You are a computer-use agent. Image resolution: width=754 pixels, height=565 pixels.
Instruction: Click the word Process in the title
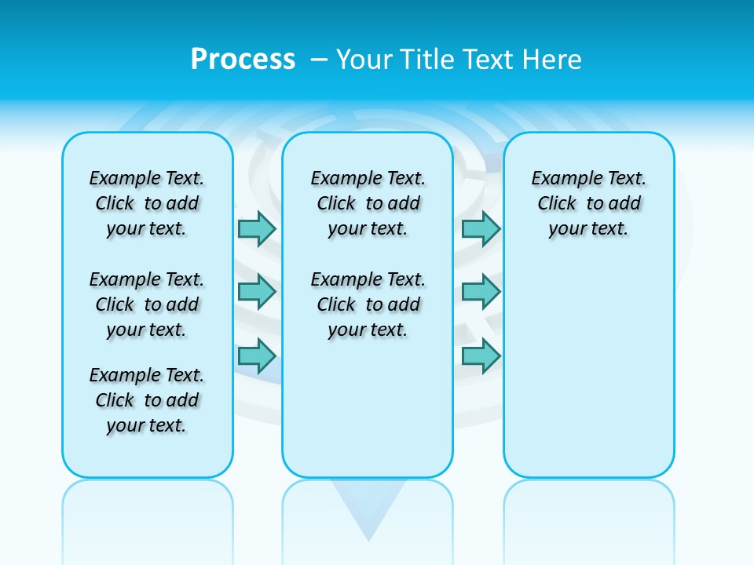[x=243, y=59]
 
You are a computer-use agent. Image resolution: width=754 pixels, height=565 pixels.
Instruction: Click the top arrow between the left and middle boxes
[x=257, y=228]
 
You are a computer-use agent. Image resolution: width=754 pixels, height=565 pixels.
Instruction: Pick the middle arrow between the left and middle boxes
[x=257, y=292]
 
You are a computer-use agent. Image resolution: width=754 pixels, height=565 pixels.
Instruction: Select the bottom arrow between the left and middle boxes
[x=257, y=356]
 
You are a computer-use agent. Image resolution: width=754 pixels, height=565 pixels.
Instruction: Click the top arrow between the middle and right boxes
[x=481, y=228]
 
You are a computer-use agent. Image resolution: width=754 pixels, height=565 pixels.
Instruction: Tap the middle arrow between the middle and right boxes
[x=481, y=292]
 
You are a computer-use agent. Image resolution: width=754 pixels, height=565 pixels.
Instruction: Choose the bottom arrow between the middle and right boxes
[x=481, y=356]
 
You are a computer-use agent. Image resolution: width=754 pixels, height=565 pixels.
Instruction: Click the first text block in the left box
[x=147, y=203]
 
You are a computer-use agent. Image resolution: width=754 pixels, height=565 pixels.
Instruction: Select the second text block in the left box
[x=147, y=304]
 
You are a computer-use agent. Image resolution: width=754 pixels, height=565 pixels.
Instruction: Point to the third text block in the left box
[x=147, y=400]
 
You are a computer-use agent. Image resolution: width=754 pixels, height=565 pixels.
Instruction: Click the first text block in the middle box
[x=368, y=203]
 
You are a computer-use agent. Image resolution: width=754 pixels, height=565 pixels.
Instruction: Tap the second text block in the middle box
[x=368, y=304]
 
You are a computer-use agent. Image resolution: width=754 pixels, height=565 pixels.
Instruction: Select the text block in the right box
[x=589, y=203]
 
